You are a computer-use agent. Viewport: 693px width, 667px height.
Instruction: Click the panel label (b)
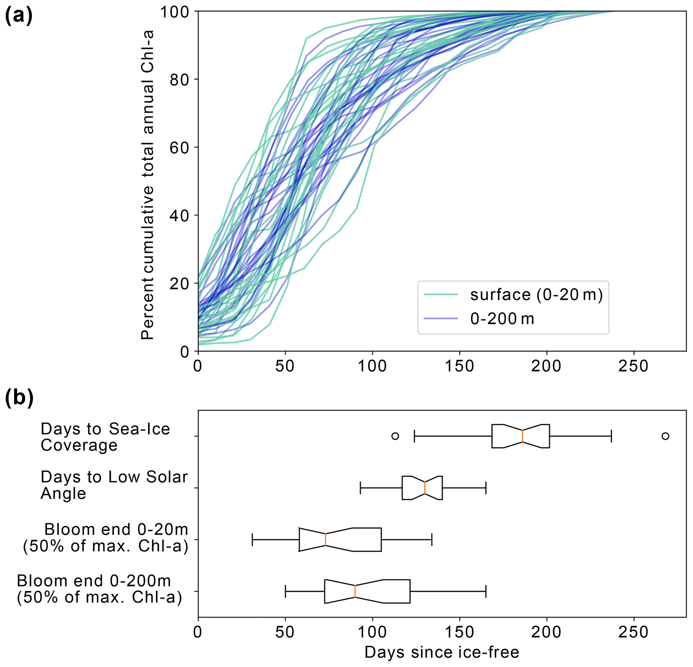(19, 397)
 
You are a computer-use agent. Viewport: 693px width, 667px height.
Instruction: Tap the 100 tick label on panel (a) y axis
(175, 12)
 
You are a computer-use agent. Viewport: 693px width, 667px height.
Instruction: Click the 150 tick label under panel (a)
(459, 367)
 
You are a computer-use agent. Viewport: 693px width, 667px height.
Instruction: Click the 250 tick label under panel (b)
(633, 632)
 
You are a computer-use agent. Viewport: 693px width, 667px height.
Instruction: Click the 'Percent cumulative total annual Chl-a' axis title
(148, 185)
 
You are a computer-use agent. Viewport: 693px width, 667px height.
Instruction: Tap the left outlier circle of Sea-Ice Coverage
(395, 436)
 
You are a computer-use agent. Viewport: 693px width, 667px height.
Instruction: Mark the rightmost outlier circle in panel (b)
(665, 436)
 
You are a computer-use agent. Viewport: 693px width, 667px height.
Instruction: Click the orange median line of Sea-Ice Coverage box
(522, 436)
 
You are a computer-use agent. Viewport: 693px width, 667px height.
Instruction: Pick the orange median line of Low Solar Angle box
(425, 488)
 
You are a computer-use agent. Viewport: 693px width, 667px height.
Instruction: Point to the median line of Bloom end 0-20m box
(326, 540)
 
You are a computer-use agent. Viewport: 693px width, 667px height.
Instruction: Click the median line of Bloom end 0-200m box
(355, 591)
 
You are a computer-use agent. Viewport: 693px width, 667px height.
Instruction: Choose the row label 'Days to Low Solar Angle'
(114, 485)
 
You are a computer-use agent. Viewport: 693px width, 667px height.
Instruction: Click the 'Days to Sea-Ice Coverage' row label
(105, 437)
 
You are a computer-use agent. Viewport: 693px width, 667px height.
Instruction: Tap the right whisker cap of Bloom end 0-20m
(432, 540)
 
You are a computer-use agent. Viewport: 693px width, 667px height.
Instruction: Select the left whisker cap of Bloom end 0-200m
(285, 591)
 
